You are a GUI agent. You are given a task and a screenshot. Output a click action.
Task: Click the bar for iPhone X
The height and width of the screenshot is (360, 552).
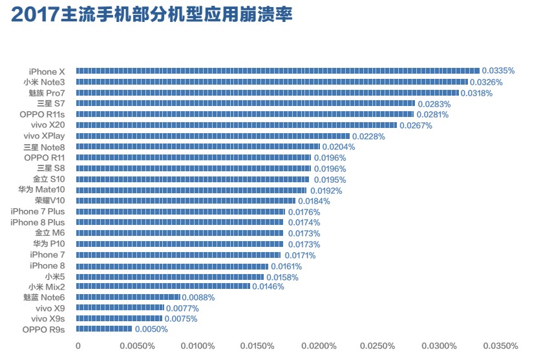click(x=278, y=71)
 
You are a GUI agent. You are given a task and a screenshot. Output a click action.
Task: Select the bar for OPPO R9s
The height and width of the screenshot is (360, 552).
click(x=104, y=330)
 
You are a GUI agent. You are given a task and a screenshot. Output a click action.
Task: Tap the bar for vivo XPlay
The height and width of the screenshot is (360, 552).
click(x=213, y=136)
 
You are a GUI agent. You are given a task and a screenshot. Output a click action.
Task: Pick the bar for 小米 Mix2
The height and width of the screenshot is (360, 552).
click(x=163, y=286)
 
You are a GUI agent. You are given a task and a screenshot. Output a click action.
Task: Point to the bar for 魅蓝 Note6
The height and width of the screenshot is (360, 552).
click(x=128, y=297)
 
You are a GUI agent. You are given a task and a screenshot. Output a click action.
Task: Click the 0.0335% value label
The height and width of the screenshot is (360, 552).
click(x=498, y=71)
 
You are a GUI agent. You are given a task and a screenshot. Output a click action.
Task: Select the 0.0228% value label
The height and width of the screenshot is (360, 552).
click(x=368, y=136)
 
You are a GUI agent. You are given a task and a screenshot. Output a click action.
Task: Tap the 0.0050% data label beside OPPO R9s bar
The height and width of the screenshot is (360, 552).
click(x=151, y=330)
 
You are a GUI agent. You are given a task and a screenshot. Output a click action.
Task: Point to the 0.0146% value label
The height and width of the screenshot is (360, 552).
click(x=268, y=287)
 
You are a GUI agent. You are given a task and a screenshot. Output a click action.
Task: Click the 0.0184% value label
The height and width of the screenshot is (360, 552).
click(x=313, y=201)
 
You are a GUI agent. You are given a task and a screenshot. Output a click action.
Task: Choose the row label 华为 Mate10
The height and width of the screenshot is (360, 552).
click(x=42, y=190)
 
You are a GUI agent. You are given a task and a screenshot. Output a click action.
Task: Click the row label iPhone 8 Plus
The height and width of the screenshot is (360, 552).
click(x=37, y=222)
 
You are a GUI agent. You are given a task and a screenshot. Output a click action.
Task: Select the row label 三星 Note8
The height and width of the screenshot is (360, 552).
click(x=43, y=147)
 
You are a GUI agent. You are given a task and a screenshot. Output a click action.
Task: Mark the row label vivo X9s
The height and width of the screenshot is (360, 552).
click(x=48, y=319)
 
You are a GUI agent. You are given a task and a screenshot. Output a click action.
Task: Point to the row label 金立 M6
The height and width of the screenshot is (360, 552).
click(x=50, y=233)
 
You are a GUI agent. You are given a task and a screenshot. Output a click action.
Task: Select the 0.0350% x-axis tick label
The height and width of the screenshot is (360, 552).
click(x=501, y=346)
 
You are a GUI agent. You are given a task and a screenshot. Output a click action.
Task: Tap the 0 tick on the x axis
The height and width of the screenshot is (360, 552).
click(x=78, y=346)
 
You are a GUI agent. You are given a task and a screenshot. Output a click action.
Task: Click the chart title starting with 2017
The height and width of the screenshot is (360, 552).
click(x=152, y=16)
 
